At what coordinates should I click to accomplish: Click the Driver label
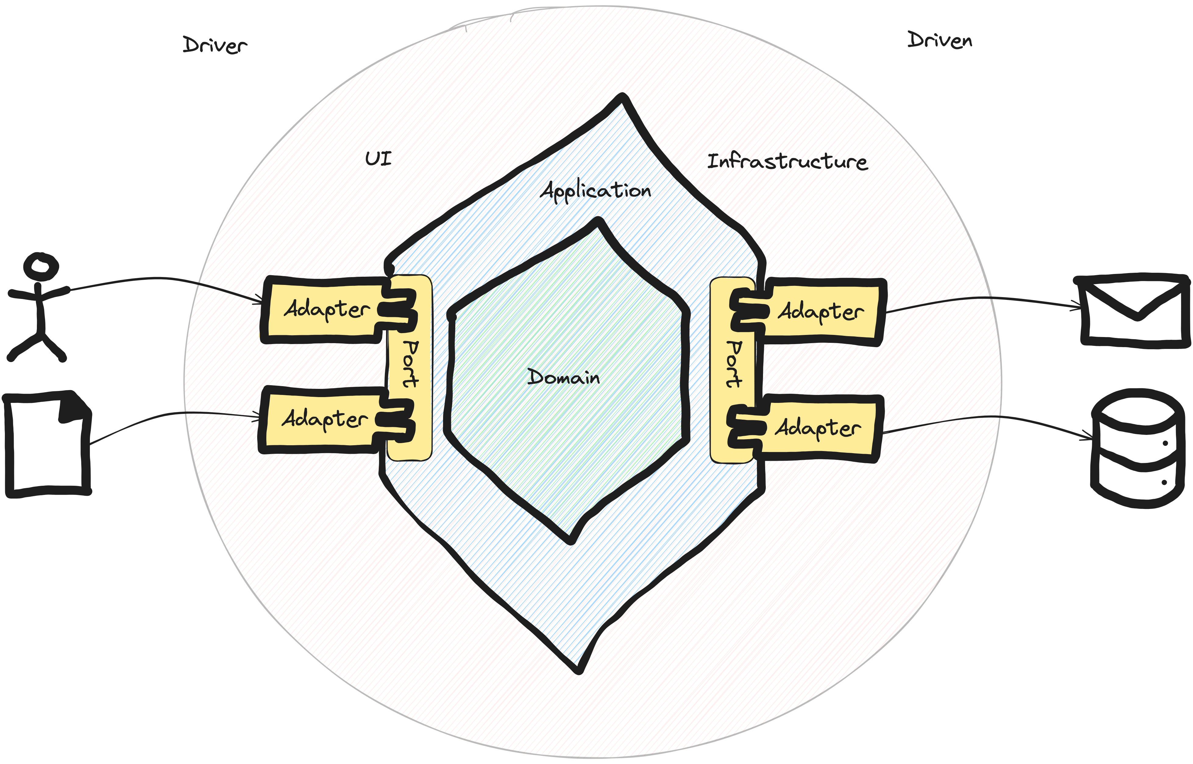click(x=215, y=46)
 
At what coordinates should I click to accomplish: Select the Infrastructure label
click(x=789, y=161)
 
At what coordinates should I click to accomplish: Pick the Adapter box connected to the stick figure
click(x=325, y=310)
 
